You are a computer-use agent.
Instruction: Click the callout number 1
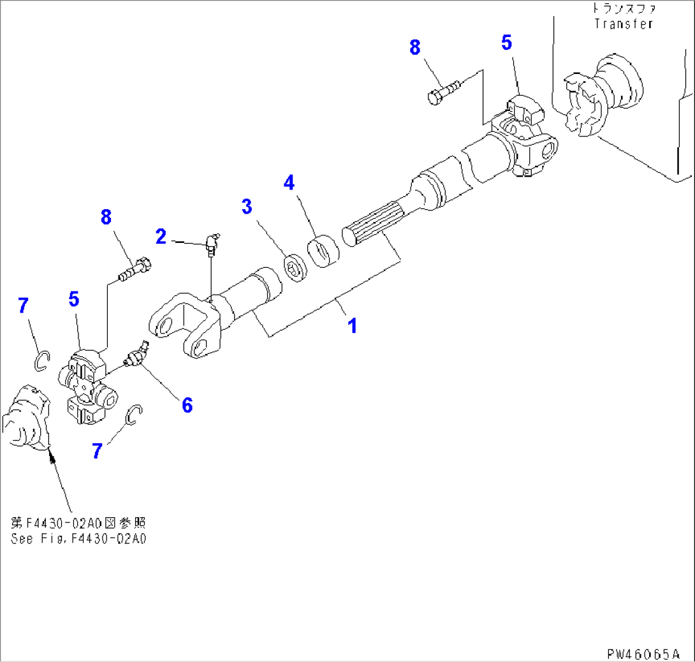(x=351, y=326)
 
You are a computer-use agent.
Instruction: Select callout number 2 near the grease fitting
(x=161, y=237)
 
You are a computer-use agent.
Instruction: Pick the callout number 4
(x=289, y=183)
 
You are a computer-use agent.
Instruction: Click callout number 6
(x=187, y=404)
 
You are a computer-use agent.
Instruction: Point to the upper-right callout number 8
(x=415, y=47)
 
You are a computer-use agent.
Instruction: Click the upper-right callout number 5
(x=506, y=43)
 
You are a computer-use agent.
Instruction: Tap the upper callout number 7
(x=23, y=305)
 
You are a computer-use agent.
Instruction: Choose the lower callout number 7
(x=97, y=451)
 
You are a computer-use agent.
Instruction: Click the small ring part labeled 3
(x=295, y=266)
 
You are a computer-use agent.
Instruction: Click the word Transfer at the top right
(x=623, y=24)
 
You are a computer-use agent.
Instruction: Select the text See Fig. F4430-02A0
(x=78, y=538)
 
